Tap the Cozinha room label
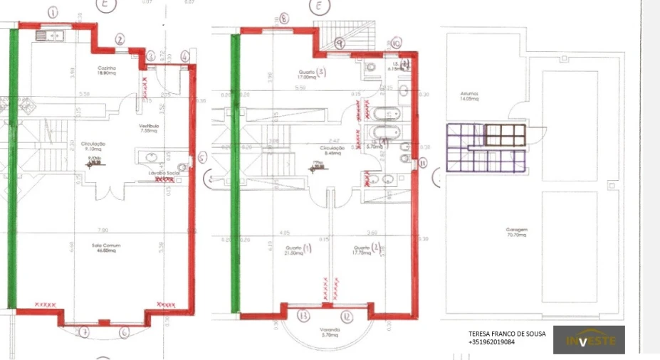click(x=108, y=70)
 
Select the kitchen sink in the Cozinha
click(x=51, y=34)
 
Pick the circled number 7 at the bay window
click(x=83, y=332)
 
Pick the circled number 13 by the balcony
click(x=303, y=315)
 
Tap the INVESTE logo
click(x=589, y=340)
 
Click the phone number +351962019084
click(x=491, y=342)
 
